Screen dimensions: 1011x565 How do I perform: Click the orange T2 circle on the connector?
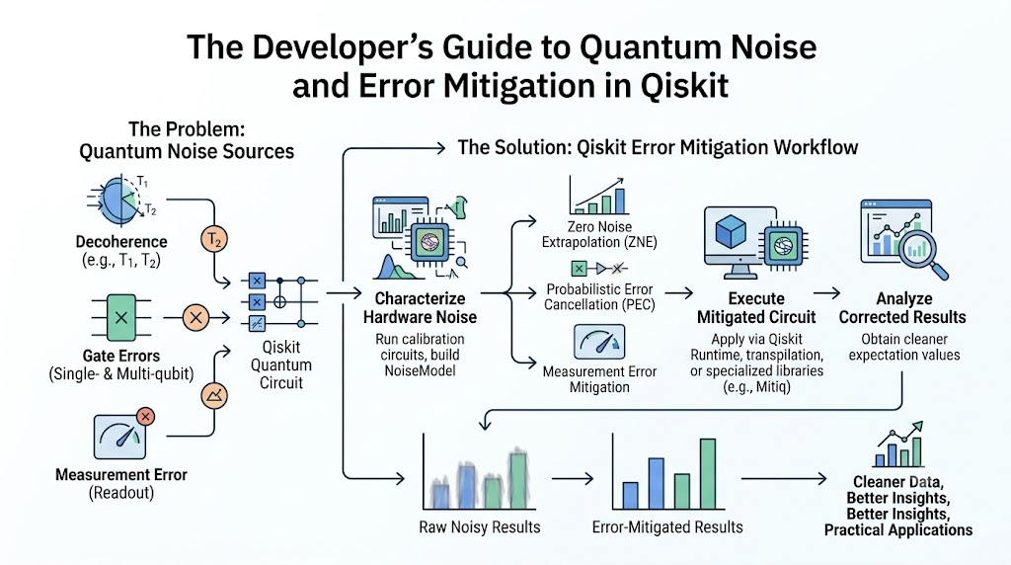[214, 240]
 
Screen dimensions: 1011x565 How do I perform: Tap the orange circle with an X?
[196, 318]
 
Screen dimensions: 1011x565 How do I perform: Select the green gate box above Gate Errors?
[121, 317]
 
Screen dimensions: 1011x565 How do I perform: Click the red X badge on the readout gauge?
[146, 417]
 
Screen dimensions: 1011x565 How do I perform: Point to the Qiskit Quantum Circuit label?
[281, 365]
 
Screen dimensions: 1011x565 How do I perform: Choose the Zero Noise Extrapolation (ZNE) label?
[599, 235]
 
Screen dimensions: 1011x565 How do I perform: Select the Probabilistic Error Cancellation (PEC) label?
[599, 297]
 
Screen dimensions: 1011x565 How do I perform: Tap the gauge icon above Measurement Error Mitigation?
[599, 342]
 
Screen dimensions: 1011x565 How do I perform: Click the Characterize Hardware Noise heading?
[420, 308]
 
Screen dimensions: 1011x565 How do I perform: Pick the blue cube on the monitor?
[731, 231]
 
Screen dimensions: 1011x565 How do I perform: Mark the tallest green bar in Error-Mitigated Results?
[708, 474]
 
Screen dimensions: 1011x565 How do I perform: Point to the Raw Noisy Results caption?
[480, 527]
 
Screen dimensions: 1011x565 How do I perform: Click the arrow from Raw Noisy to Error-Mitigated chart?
[573, 479]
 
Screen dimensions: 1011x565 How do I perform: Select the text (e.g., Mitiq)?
[757, 387]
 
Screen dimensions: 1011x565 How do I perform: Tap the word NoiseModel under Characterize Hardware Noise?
[420, 370]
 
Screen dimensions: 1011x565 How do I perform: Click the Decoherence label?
[121, 242]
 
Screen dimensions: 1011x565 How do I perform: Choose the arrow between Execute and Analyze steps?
[827, 293]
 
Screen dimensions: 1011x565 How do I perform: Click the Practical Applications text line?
[898, 530]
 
